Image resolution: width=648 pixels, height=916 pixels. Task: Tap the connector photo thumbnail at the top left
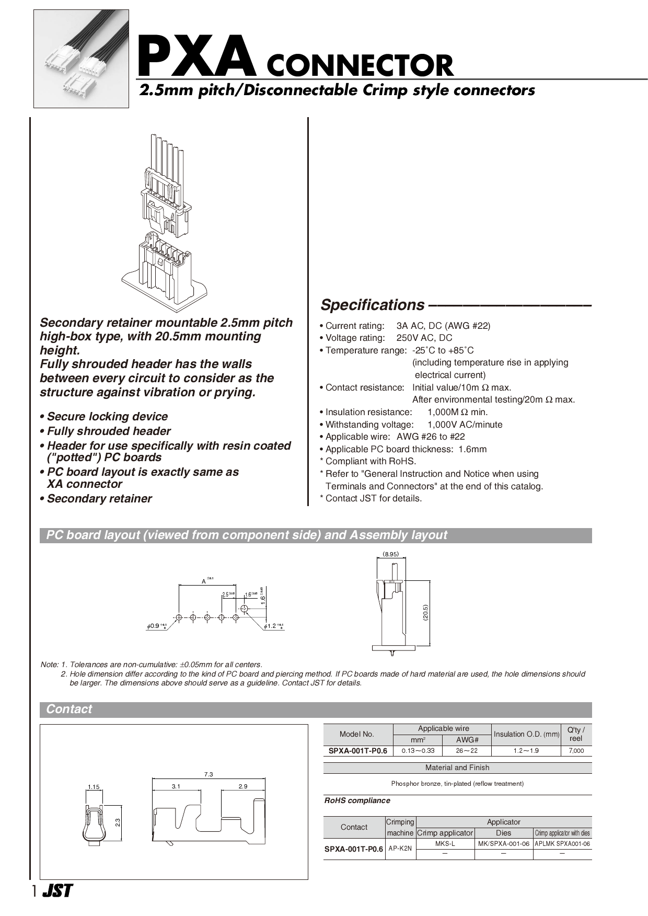click(81, 59)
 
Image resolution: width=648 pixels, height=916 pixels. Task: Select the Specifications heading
click(373, 305)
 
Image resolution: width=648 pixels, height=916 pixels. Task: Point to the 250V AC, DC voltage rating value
click(424, 338)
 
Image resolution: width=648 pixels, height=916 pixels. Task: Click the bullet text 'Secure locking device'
click(107, 417)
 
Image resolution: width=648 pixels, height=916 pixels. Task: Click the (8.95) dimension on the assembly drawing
click(390, 554)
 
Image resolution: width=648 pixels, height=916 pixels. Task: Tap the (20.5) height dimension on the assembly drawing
click(425, 613)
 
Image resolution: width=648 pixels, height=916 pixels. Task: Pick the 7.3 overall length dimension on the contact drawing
click(209, 774)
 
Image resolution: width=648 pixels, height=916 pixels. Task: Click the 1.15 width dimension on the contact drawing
click(94, 787)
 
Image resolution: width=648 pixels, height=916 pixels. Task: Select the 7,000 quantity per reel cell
click(576, 751)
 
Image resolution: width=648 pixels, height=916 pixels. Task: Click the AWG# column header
click(467, 740)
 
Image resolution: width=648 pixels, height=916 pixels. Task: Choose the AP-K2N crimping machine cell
click(400, 849)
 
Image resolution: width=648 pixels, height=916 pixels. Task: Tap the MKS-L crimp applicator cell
click(445, 844)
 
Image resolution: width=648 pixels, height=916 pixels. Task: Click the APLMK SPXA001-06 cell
click(562, 844)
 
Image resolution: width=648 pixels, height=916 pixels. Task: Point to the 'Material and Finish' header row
click(457, 768)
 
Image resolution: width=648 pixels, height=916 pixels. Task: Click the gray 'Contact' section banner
click(316, 709)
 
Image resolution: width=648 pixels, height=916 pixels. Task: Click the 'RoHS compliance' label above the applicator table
click(357, 800)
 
